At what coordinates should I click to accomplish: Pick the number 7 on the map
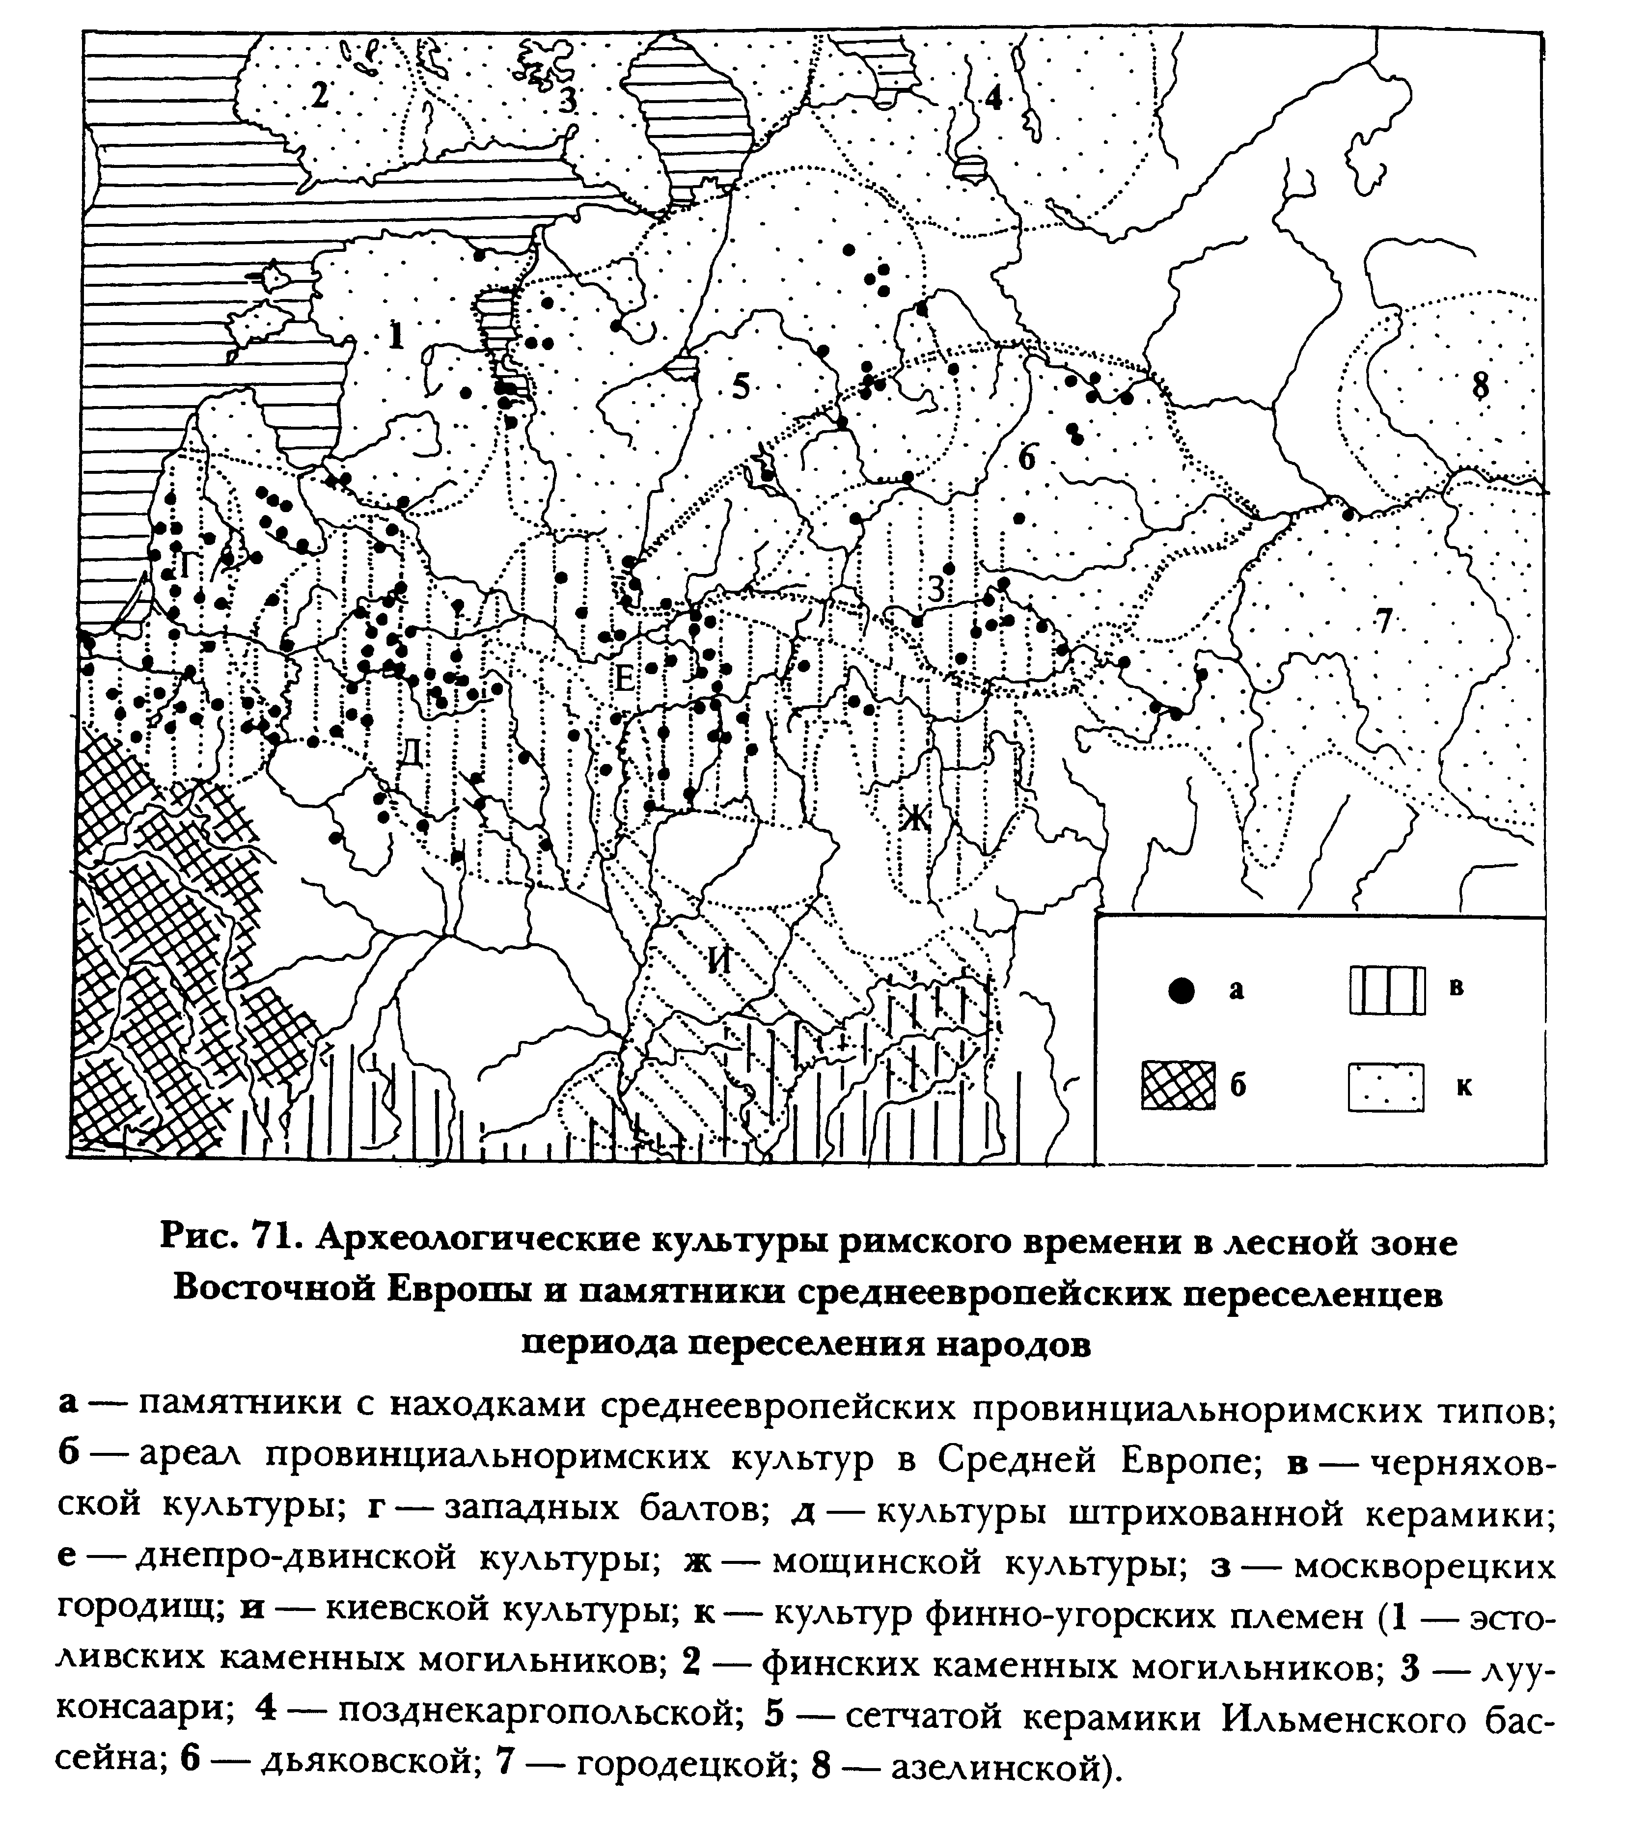click(x=1382, y=621)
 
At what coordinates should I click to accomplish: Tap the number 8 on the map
click(x=1480, y=385)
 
